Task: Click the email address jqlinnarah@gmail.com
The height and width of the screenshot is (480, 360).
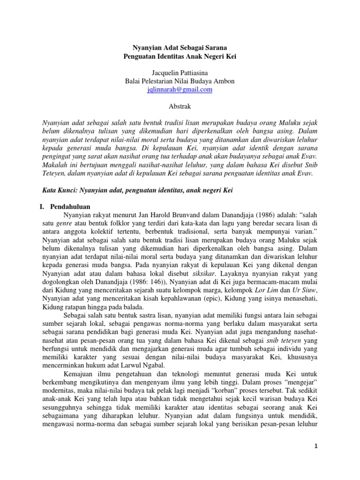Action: click(180, 90)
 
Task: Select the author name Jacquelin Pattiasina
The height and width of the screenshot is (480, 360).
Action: click(180, 73)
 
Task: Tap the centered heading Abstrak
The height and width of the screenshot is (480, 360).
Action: click(180, 106)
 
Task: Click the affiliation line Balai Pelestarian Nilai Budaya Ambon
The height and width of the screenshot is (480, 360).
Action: click(180, 81)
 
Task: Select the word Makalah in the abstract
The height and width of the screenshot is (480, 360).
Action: click(56, 165)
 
